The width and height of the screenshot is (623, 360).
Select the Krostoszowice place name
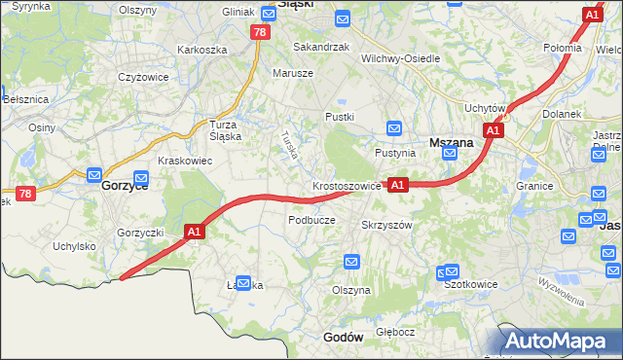[348, 185]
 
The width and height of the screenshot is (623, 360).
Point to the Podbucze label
[311, 220]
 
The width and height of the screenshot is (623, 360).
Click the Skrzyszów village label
[387, 224]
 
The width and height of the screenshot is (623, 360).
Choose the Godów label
[342, 337]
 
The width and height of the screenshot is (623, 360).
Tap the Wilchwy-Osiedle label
[401, 58]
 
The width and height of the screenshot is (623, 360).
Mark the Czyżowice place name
[144, 77]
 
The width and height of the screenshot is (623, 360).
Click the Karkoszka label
[202, 50]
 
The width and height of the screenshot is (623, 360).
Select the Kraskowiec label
[185, 161]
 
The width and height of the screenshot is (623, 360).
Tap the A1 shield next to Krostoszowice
[397, 184]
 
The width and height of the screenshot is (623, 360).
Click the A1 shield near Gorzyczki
[194, 232]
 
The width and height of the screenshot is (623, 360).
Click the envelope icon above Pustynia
[394, 128]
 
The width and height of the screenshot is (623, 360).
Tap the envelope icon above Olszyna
[351, 262]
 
